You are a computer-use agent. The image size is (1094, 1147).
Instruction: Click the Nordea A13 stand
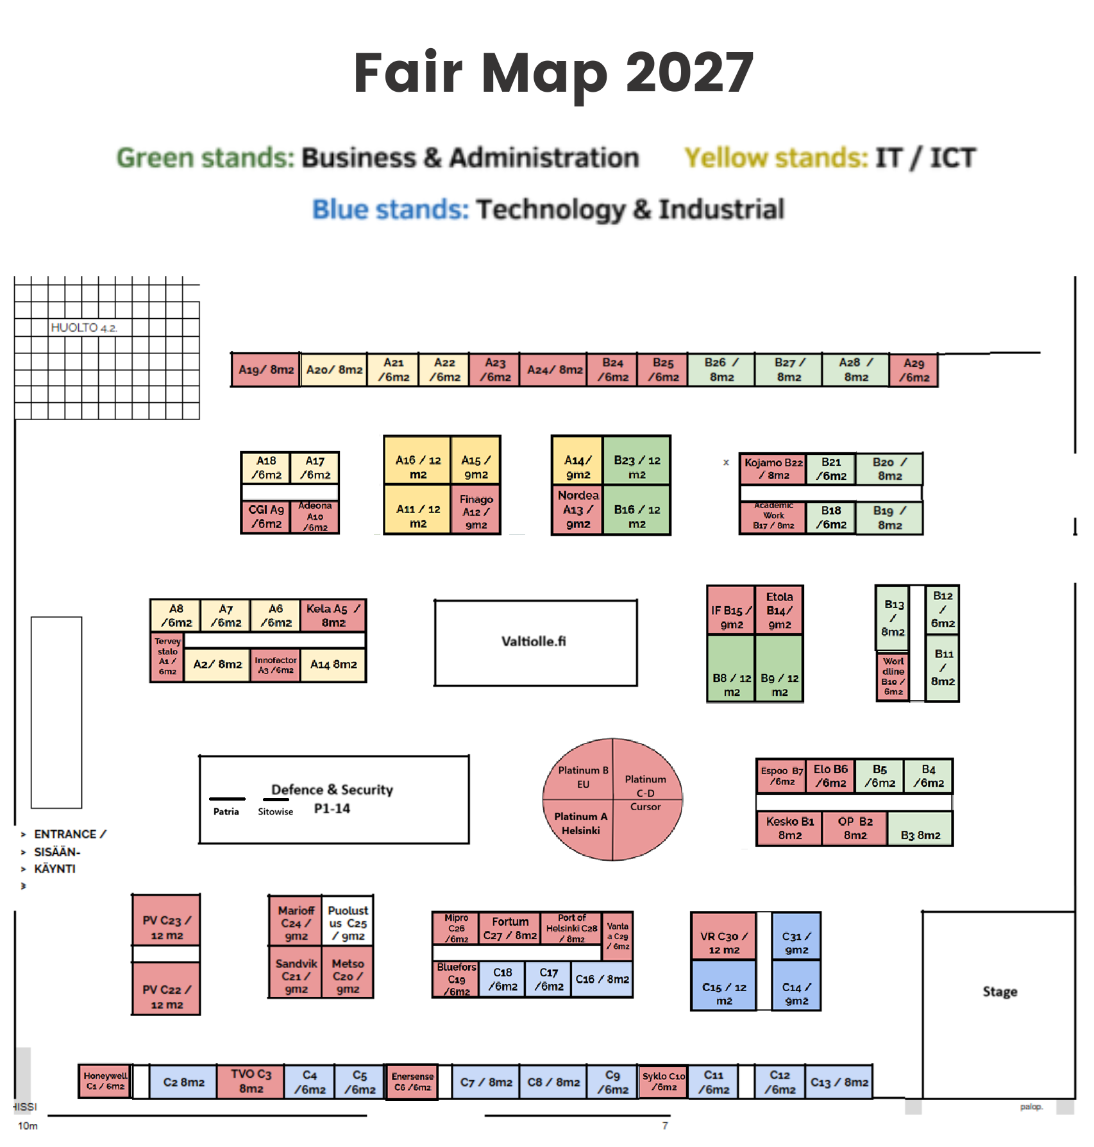577,510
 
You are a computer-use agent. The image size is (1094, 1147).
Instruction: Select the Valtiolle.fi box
535,642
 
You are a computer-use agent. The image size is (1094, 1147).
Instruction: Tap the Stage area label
999,991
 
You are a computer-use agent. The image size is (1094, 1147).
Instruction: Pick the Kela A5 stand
333,615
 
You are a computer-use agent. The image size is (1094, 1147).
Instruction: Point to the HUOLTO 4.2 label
83,327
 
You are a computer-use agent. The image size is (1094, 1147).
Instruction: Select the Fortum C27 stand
510,928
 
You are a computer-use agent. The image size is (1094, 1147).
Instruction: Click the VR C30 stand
723,942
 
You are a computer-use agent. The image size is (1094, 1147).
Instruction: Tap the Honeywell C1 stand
105,1081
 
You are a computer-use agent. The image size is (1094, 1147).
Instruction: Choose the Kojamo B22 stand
773,468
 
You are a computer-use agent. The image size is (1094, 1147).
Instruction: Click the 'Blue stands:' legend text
390,209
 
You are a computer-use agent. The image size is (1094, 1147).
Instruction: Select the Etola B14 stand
779,610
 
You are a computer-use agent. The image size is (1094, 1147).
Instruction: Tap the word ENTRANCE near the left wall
65,834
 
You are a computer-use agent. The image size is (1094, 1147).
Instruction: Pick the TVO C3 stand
251,1081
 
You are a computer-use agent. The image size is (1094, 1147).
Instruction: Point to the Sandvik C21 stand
296,976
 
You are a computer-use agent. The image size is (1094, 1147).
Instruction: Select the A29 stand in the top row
913,370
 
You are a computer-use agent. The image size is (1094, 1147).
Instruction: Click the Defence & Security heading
332,790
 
